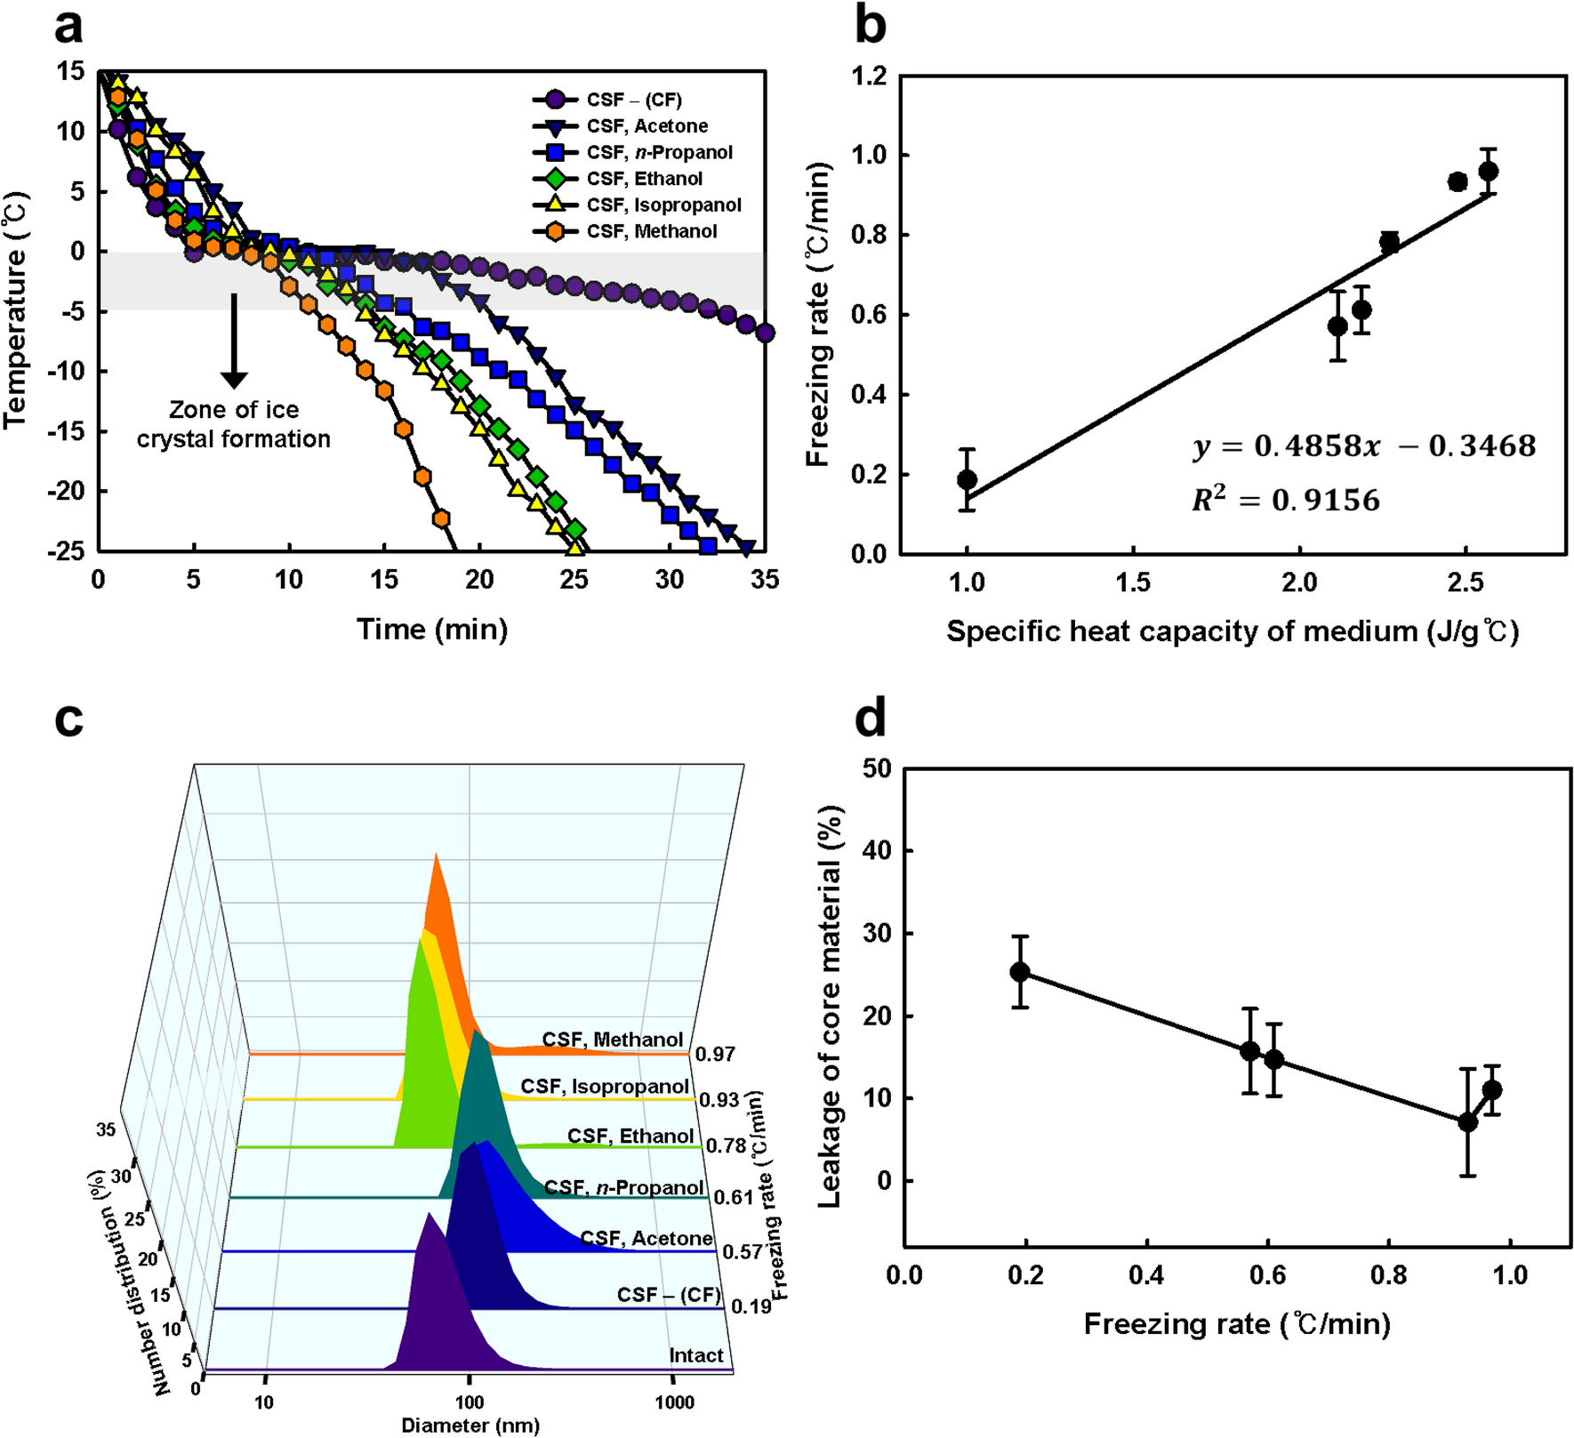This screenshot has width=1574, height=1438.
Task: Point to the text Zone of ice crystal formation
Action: tap(234, 424)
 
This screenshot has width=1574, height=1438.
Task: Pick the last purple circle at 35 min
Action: tap(765, 333)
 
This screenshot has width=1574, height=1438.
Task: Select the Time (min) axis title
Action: tap(432, 629)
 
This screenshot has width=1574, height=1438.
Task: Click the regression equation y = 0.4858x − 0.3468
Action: tap(1364, 446)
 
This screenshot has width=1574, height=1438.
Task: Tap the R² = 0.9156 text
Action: tap(1285, 501)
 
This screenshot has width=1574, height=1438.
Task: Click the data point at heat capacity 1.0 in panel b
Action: tap(968, 479)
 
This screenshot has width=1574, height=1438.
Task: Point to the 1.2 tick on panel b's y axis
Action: tap(869, 76)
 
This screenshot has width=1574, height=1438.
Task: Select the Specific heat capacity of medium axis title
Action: tap(1233, 631)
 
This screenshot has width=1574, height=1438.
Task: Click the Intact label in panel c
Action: tap(695, 1355)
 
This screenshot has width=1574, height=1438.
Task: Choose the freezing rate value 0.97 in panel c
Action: tap(715, 1055)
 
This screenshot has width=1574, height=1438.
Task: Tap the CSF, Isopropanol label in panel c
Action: tap(605, 1087)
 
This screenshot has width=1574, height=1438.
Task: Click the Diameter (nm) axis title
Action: tap(470, 1426)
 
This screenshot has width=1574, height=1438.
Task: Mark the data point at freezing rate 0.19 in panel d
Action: tap(1020, 972)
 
